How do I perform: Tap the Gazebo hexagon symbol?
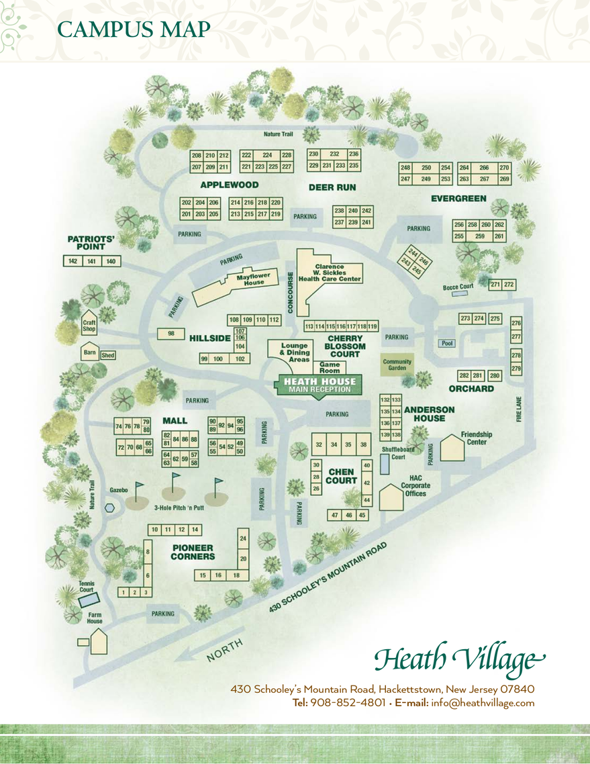(x=109, y=508)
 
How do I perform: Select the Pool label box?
(x=448, y=343)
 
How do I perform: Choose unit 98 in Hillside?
(x=171, y=334)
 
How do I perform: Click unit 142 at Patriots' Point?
(x=72, y=261)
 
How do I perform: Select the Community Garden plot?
(x=397, y=364)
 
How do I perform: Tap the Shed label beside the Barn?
(x=107, y=355)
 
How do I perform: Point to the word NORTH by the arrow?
(x=225, y=650)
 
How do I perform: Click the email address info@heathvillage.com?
(x=483, y=703)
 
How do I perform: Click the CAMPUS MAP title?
(x=134, y=30)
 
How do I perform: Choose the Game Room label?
(x=330, y=367)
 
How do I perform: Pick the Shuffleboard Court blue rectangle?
(x=384, y=464)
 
